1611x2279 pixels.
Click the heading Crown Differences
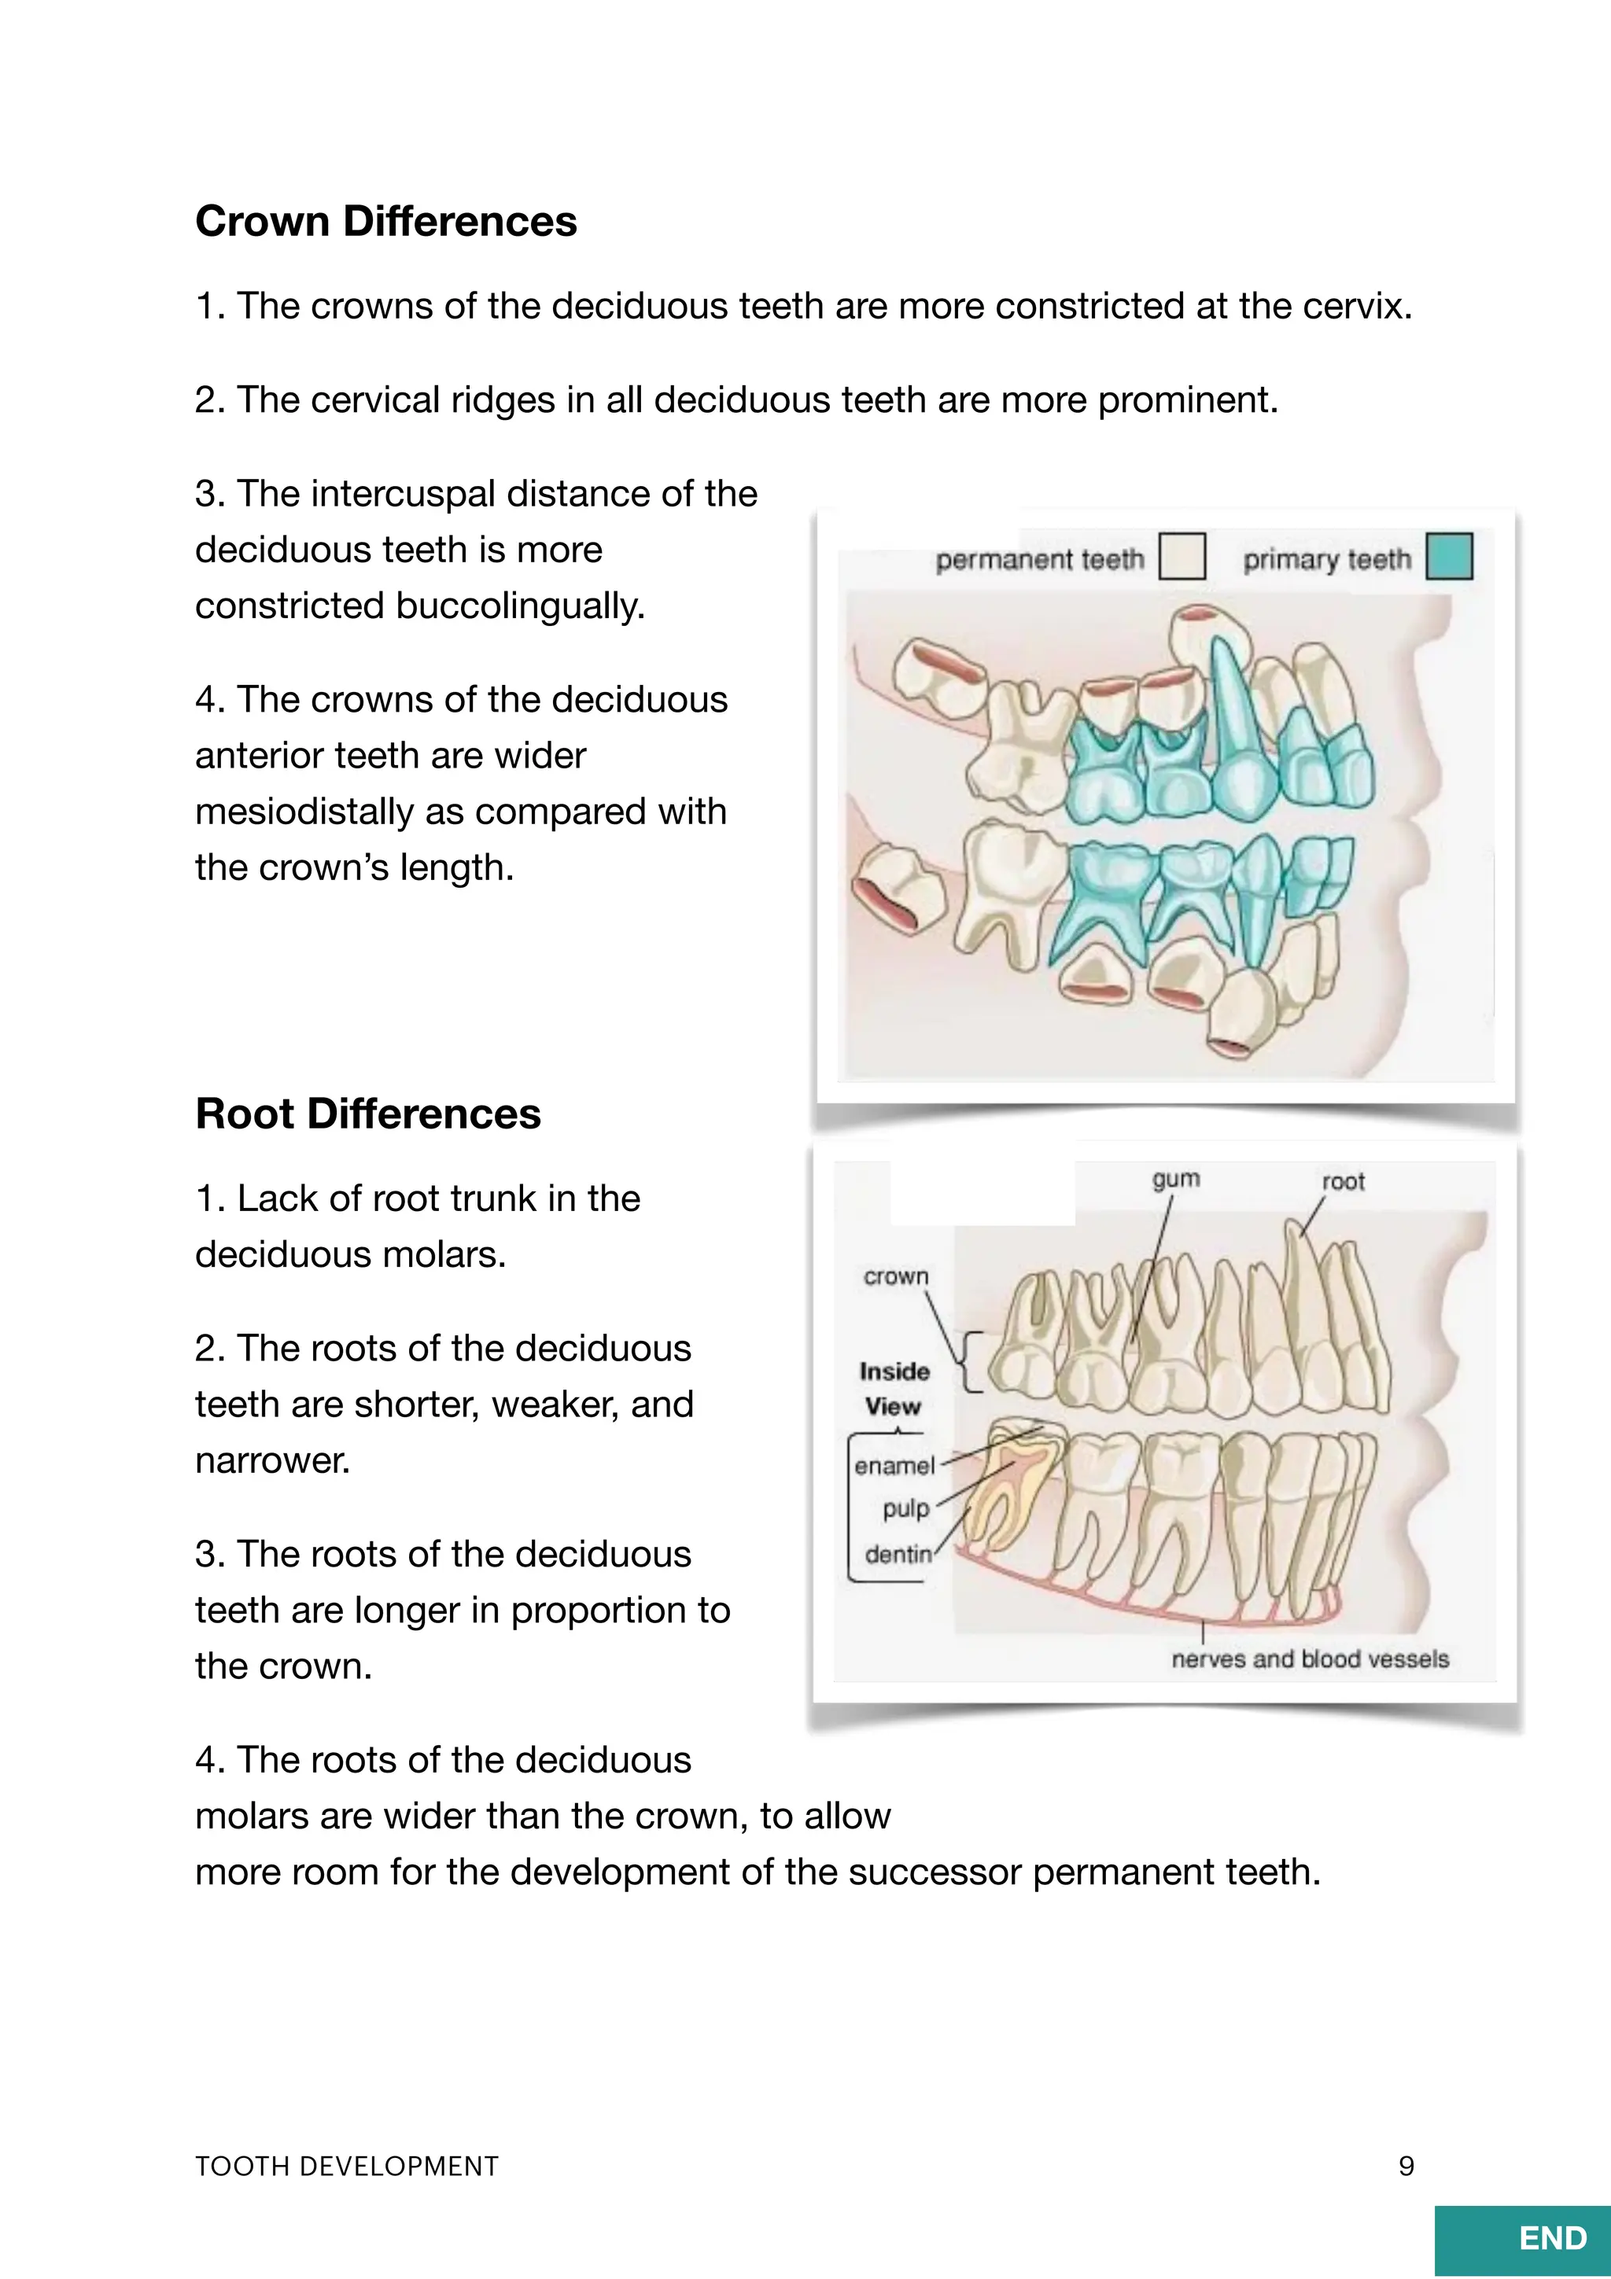pyautogui.click(x=385, y=221)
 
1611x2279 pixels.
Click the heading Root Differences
pyautogui.click(x=367, y=1114)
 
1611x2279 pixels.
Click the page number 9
pyautogui.click(x=1406, y=2166)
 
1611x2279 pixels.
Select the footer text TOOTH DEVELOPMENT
pyautogui.click(x=346, y=2166)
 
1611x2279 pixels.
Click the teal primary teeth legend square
pyautogui.click(x=1448, y=556)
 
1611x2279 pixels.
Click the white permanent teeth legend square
pyautogui.click(x=1182, y=556)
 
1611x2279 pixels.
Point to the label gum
pyautogui.click(x=1175, y=1179)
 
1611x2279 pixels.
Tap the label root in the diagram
pyautogui.click(x=1343, y=1181)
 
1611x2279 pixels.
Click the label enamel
pyautogui.click(x=894, y=1466)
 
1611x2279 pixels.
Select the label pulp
pyautogui.click(x=905, y=1509)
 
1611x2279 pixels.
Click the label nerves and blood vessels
pyautogui.click(x=1309, y=1659)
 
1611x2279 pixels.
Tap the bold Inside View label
pyautogui.click(x=894, y=1389)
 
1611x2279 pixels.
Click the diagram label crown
pyautogui.click(x=895, y=1276)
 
